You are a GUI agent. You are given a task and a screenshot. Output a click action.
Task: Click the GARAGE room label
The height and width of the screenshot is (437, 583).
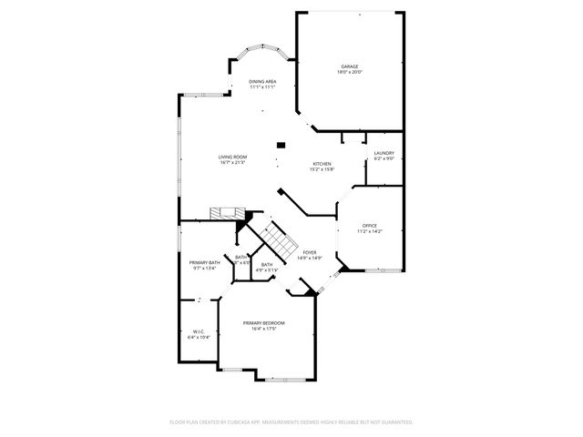pos(350,66)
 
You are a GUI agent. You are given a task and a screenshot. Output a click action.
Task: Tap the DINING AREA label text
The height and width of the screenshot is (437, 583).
pos(263,82)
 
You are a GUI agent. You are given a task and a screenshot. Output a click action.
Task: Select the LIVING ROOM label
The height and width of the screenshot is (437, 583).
pos(230,157)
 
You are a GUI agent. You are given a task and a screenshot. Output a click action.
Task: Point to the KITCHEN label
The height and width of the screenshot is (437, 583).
pos(322,163)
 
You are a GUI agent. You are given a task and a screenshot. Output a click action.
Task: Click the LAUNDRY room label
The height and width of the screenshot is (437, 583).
pos(384,153)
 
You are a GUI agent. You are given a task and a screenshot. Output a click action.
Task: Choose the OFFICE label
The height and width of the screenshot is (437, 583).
pos(369,226)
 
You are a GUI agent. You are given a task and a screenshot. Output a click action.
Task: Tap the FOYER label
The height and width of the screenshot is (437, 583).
pos(310,252)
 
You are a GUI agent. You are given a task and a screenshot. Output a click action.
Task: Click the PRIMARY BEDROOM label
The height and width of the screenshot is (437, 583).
pos(263,323)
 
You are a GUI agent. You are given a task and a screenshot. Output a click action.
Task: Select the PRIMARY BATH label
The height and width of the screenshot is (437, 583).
pos(205,262)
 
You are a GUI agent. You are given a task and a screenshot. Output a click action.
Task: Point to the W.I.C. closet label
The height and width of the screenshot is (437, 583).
pos(198,331)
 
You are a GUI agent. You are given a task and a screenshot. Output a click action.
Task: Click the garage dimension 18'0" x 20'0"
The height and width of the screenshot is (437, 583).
pos(350,73)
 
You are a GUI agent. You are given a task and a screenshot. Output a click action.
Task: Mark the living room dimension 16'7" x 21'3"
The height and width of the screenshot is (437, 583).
pos(230,163)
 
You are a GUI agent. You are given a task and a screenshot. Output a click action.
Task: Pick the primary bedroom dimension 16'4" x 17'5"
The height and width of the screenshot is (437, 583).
pos(263,330)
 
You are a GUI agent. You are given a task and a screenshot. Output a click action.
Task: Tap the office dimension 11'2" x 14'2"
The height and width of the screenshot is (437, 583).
pos(369,232)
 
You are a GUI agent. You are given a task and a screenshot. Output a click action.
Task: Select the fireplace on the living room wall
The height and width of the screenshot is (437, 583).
pos(224,213)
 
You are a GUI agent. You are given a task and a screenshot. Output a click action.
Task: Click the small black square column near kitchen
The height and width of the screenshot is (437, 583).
pos(281,144)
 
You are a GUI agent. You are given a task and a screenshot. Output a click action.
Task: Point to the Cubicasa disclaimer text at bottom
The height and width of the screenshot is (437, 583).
pos(291,422)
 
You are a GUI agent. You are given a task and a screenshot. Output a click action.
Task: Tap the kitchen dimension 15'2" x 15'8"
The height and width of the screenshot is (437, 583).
pos(322,169)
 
